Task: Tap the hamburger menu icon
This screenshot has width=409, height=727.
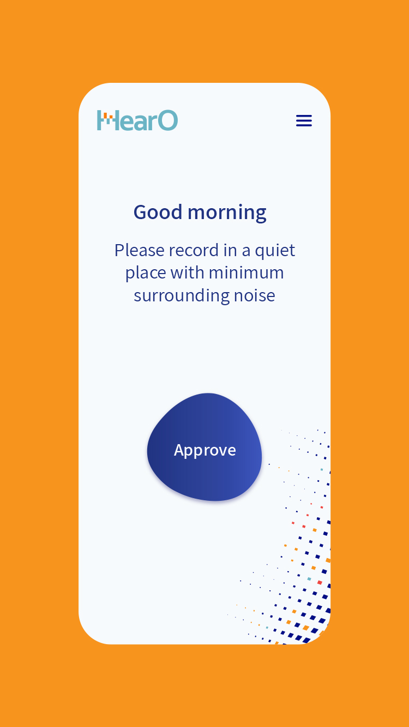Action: click(304, 120)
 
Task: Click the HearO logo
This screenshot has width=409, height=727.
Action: click(137, 120)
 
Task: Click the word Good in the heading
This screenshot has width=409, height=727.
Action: click(158, 212)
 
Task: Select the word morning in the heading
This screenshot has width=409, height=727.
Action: click(227, 213)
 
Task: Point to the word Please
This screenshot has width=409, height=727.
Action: click(139, 250)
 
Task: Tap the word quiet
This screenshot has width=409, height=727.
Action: click(275, 251)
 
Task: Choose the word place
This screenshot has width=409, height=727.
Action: click(146, 273)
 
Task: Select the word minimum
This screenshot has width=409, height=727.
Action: click(246, 272)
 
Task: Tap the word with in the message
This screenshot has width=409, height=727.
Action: click(188, 272)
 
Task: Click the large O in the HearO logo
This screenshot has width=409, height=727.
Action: click(168, 120)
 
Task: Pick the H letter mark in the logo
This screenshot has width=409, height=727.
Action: click(106, 120)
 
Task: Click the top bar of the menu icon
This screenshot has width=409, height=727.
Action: click(304, 116)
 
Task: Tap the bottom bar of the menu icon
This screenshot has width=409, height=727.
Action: click(304, 125)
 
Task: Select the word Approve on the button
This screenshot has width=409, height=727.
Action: click(205, 451)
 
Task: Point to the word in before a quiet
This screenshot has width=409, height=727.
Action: click(230, 250)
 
